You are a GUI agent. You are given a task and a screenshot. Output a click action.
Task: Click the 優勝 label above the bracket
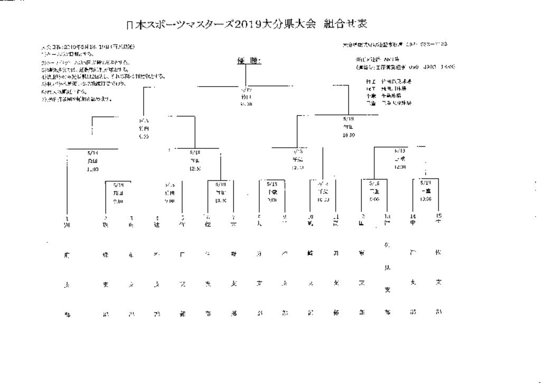coord(248,62)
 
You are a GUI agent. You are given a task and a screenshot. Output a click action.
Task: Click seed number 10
coord(311,216)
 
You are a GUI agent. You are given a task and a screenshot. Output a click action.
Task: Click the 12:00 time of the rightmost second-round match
coord(399,167)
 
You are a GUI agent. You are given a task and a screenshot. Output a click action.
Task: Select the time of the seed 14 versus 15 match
coord(426,199)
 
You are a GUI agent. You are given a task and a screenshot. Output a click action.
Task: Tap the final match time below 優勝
coord(246,104)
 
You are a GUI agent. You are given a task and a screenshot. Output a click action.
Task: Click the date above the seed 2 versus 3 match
coord(119,185)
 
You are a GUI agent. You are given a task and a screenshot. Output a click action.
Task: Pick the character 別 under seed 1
coord(67,224)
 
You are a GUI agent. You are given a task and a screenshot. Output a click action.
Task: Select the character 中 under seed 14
coord(413,222)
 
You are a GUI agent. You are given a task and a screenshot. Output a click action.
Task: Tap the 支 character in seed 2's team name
coord(106,285)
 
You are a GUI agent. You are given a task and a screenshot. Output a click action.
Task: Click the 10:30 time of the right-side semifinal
coord(348,135)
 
